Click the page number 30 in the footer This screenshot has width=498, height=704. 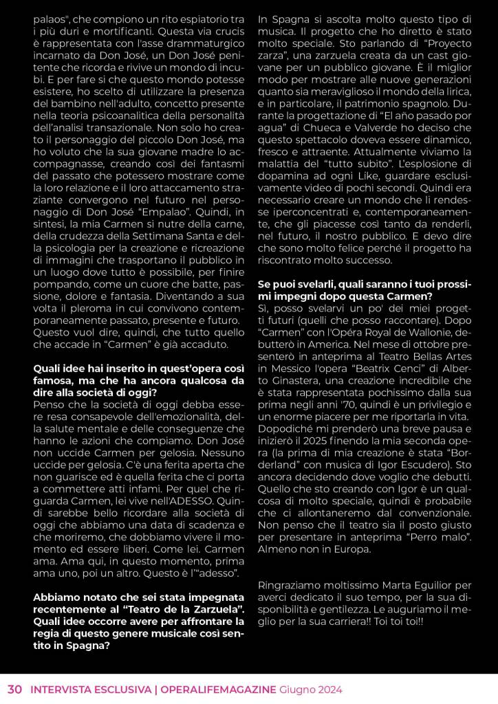[x=15, y=690]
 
